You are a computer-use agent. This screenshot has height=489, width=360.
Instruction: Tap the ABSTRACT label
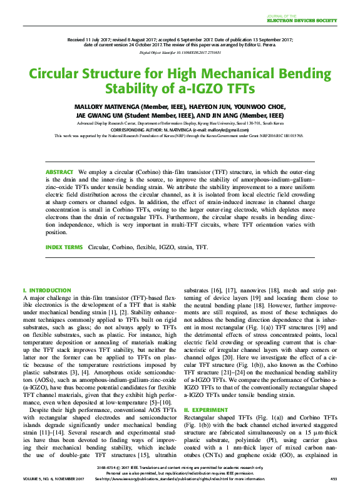tap(59, 172)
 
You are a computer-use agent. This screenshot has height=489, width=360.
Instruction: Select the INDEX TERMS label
tap(63, 248)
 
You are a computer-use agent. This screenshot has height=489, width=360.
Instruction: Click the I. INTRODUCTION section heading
tap(46, 291)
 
